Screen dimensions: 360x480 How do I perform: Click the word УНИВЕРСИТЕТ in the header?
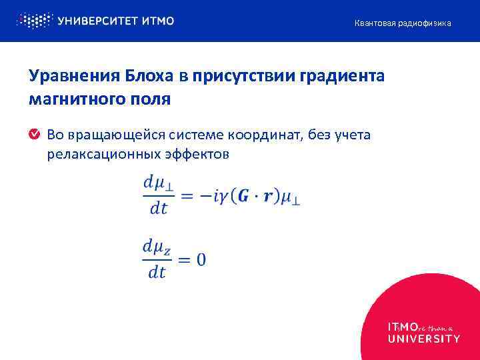pos(97,21)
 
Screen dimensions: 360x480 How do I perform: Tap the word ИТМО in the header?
pos(158,21)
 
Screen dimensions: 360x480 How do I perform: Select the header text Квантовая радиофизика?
pos(402,23)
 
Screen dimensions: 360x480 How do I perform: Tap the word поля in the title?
pos(153,99)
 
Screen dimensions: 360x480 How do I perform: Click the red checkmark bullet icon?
pos(34,135)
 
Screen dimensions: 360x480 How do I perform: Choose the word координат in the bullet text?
pos(269,136)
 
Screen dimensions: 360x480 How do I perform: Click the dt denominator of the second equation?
pos(157,272)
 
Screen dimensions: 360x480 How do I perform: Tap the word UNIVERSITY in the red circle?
pos(423,339)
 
